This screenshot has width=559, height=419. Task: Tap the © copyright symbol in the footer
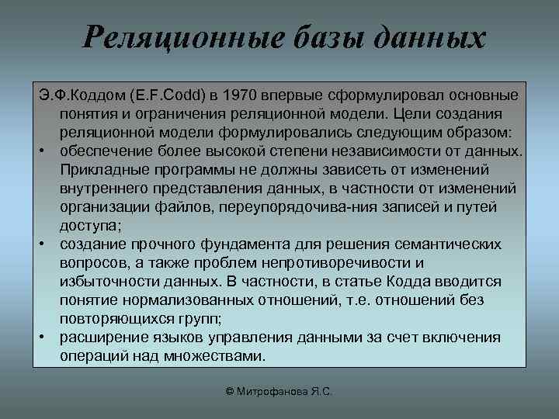click(231, 393)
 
